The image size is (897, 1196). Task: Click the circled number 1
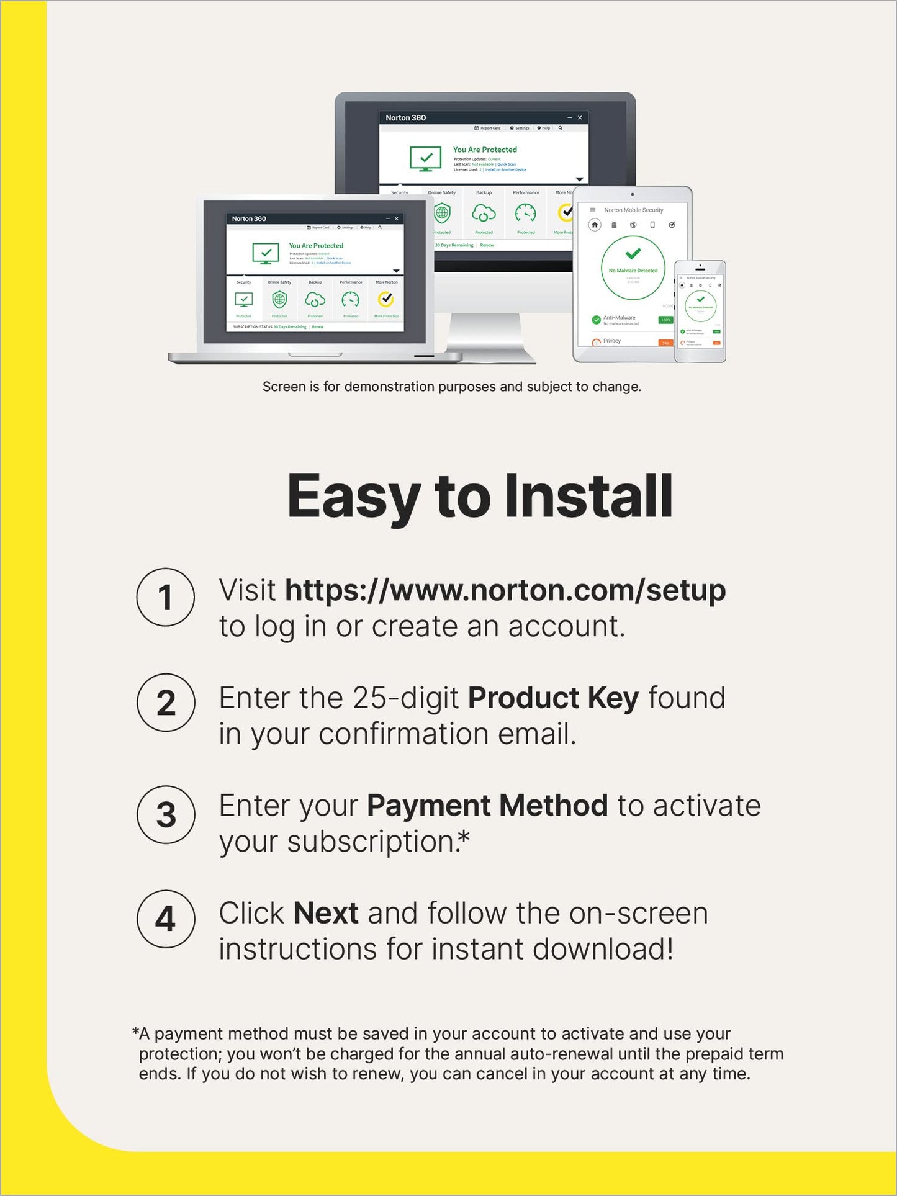click(x=165, y=597)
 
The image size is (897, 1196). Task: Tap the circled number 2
click(x=166, y=703)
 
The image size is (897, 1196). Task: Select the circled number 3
click(x=166, y=815)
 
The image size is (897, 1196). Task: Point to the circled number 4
click(x=166, y=919)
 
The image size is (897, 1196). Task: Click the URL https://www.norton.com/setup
click(x=505, y=590)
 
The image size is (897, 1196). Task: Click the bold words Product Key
click(x=552, y=698)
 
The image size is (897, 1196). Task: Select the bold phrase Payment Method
click(x=487, y=806)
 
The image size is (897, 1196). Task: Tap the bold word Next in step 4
click(x=325, y=914)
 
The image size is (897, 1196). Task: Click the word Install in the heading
click(x=588, y=496)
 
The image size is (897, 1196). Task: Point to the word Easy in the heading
click(x=353, y=496)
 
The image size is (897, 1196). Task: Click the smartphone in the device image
click(x=700, y=312)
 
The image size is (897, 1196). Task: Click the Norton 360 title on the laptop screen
click(x=249, y=218)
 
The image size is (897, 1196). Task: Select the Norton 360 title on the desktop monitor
click(x=405, y=118)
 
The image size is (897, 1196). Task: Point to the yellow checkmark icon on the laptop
click(x=386, y=300)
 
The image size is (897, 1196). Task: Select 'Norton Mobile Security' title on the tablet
click(x=633, y=210)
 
